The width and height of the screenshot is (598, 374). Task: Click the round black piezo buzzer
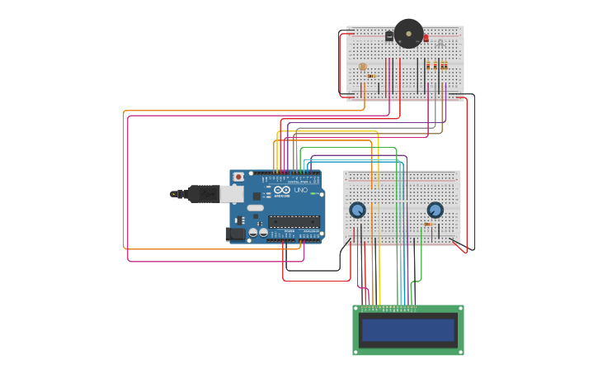(x=408, y=34)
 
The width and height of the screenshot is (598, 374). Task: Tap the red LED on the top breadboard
(x=426, y=38)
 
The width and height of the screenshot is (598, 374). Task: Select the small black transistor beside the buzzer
(x=389, y=36)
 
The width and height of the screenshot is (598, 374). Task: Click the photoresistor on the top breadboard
(x=362, y=66)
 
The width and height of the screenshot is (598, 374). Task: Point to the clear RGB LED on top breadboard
(x=440, y=42)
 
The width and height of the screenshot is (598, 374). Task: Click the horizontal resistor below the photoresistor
(x=371, y=76)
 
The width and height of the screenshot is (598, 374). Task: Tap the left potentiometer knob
(x=357, y=210)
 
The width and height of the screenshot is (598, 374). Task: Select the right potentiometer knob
(x=435, y=210)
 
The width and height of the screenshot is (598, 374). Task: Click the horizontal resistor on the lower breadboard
(x=428, y=224)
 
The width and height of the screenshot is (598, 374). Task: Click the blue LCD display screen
(x=408, y=330)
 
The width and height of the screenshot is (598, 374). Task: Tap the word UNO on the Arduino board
(x=301, y=190)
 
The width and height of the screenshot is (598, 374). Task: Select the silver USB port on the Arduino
(x=232, y=194)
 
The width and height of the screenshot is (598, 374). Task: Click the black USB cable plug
(x=202, y=194)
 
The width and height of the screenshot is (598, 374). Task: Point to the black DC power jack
(x=234, y=234)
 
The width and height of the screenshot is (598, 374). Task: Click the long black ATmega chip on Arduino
(x=294, y=221)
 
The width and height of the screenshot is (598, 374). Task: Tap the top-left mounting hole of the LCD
(x=357, y=310)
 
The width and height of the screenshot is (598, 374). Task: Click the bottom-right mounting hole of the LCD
(x=459, y=351)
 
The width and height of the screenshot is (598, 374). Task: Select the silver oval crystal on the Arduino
(x=255, y=208)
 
